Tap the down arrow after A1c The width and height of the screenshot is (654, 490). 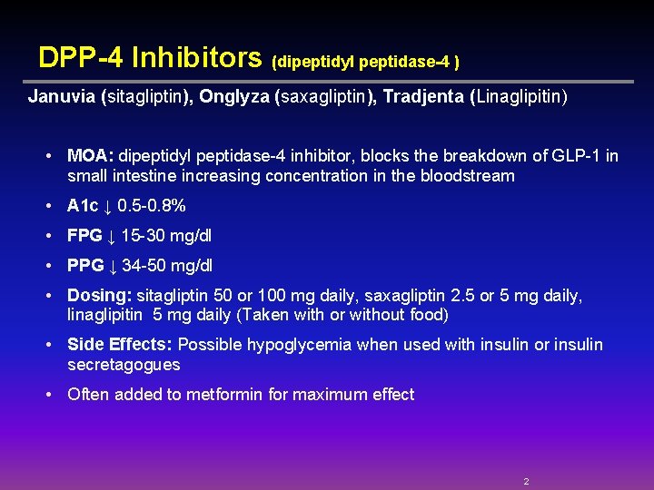(110, 207)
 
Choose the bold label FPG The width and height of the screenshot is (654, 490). (84, 236)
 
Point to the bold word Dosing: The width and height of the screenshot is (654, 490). (100, 296)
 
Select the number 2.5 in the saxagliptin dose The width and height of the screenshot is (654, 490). (465, 296)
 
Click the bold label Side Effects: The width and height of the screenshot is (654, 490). (121, 345)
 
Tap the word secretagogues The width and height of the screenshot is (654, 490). (124, 365)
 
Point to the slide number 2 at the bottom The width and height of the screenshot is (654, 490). (526, 481)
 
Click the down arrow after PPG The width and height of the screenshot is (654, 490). (113, 267)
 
